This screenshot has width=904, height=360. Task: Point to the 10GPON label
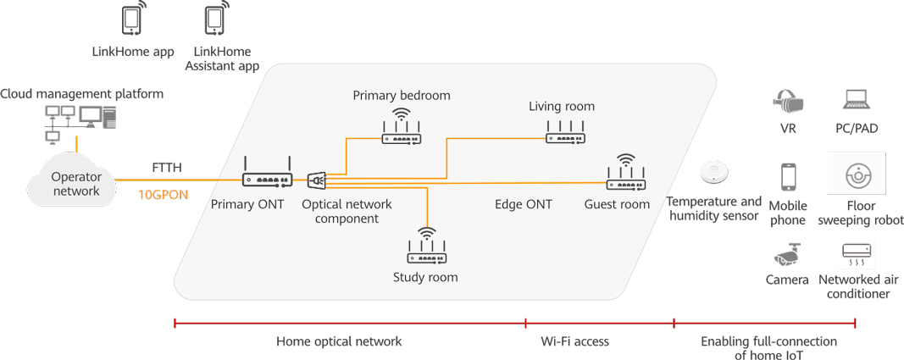pos(163,194)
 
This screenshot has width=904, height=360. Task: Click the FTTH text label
pos(167,168)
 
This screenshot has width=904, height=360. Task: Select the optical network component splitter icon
pos(316,180)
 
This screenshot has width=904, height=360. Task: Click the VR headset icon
pos(788,102)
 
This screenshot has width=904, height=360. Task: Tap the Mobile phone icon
pos(788,178)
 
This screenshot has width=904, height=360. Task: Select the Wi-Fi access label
pos(574,341)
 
